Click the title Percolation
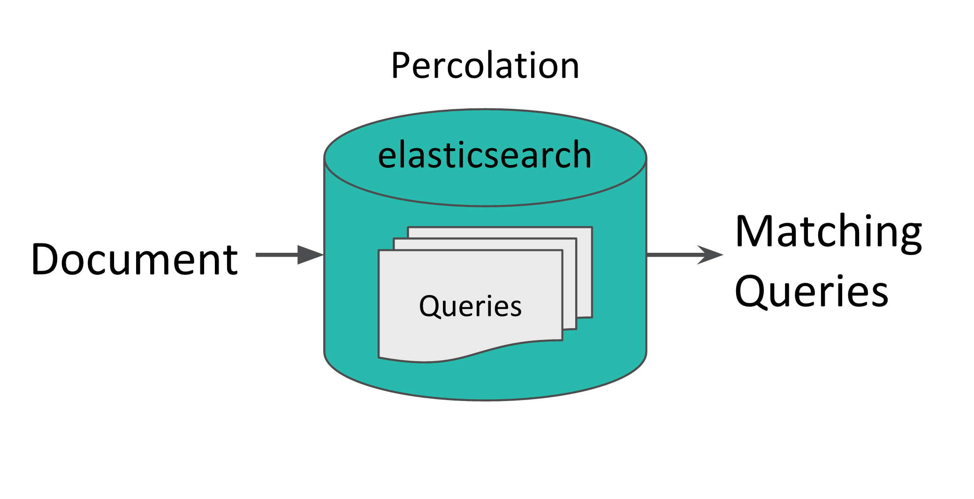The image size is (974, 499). pos(485,66)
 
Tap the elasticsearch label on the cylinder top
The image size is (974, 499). pos(485,155)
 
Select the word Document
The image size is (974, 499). pos(135,259)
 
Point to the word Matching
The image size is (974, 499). pos(829,233)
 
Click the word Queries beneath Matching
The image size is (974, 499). pos(812,292)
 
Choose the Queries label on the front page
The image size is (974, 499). pos(470,306)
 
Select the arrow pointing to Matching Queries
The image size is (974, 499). pos(685,255)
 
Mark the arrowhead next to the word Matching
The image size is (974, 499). pos(710,255)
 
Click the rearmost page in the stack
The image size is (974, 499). pos(584,272)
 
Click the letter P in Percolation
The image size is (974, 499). pos(401,66)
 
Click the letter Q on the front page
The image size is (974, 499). pos(431,307)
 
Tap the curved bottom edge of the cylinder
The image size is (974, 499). pos(485,400)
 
